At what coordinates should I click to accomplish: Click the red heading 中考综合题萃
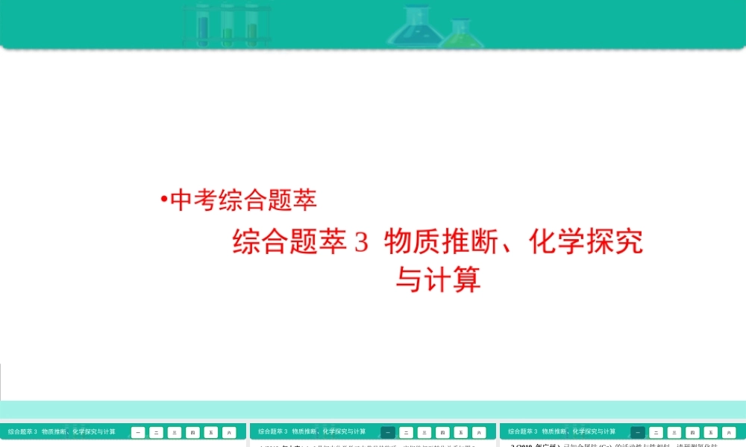coord(244,200)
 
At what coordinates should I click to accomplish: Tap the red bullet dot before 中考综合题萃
coord(163,199)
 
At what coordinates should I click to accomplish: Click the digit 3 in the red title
coord(362,243)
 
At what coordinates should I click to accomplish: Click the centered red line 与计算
coord(438,280)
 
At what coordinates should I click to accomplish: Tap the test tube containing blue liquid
coord(203,25)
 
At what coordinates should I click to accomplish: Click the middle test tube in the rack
coord(228,25)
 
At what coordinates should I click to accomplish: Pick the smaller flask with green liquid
coord(460,34)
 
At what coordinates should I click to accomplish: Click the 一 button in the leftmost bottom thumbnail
coord(138,432)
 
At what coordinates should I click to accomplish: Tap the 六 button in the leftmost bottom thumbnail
coord(229,432)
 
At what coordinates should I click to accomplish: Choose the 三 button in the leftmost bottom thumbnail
coord(175,432)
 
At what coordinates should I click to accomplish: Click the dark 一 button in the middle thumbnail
coord(388,432)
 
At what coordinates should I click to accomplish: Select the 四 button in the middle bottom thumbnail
coord(442,432)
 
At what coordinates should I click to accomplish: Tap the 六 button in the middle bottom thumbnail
coord(479,432)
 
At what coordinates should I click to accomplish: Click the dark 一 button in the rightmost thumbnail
coord(638,432)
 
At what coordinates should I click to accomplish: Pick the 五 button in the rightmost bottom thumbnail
coord(710,432)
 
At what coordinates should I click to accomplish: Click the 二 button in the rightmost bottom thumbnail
coord(656,432)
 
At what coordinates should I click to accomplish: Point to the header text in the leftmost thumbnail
coord(62,431)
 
